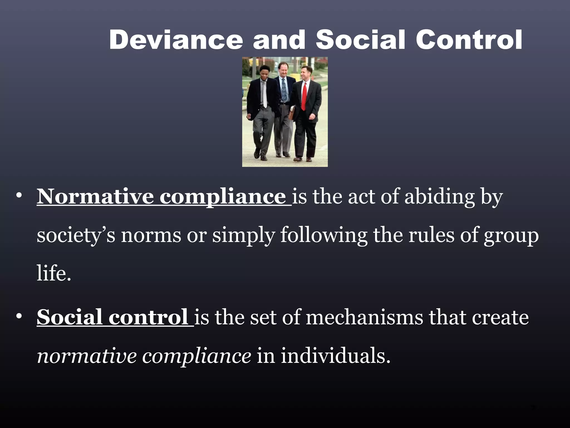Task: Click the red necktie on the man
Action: tap(304, 96)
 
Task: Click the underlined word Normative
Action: tap(95, 196)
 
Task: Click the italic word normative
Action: tap(87, 356)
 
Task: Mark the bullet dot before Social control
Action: tap(19, 317)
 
